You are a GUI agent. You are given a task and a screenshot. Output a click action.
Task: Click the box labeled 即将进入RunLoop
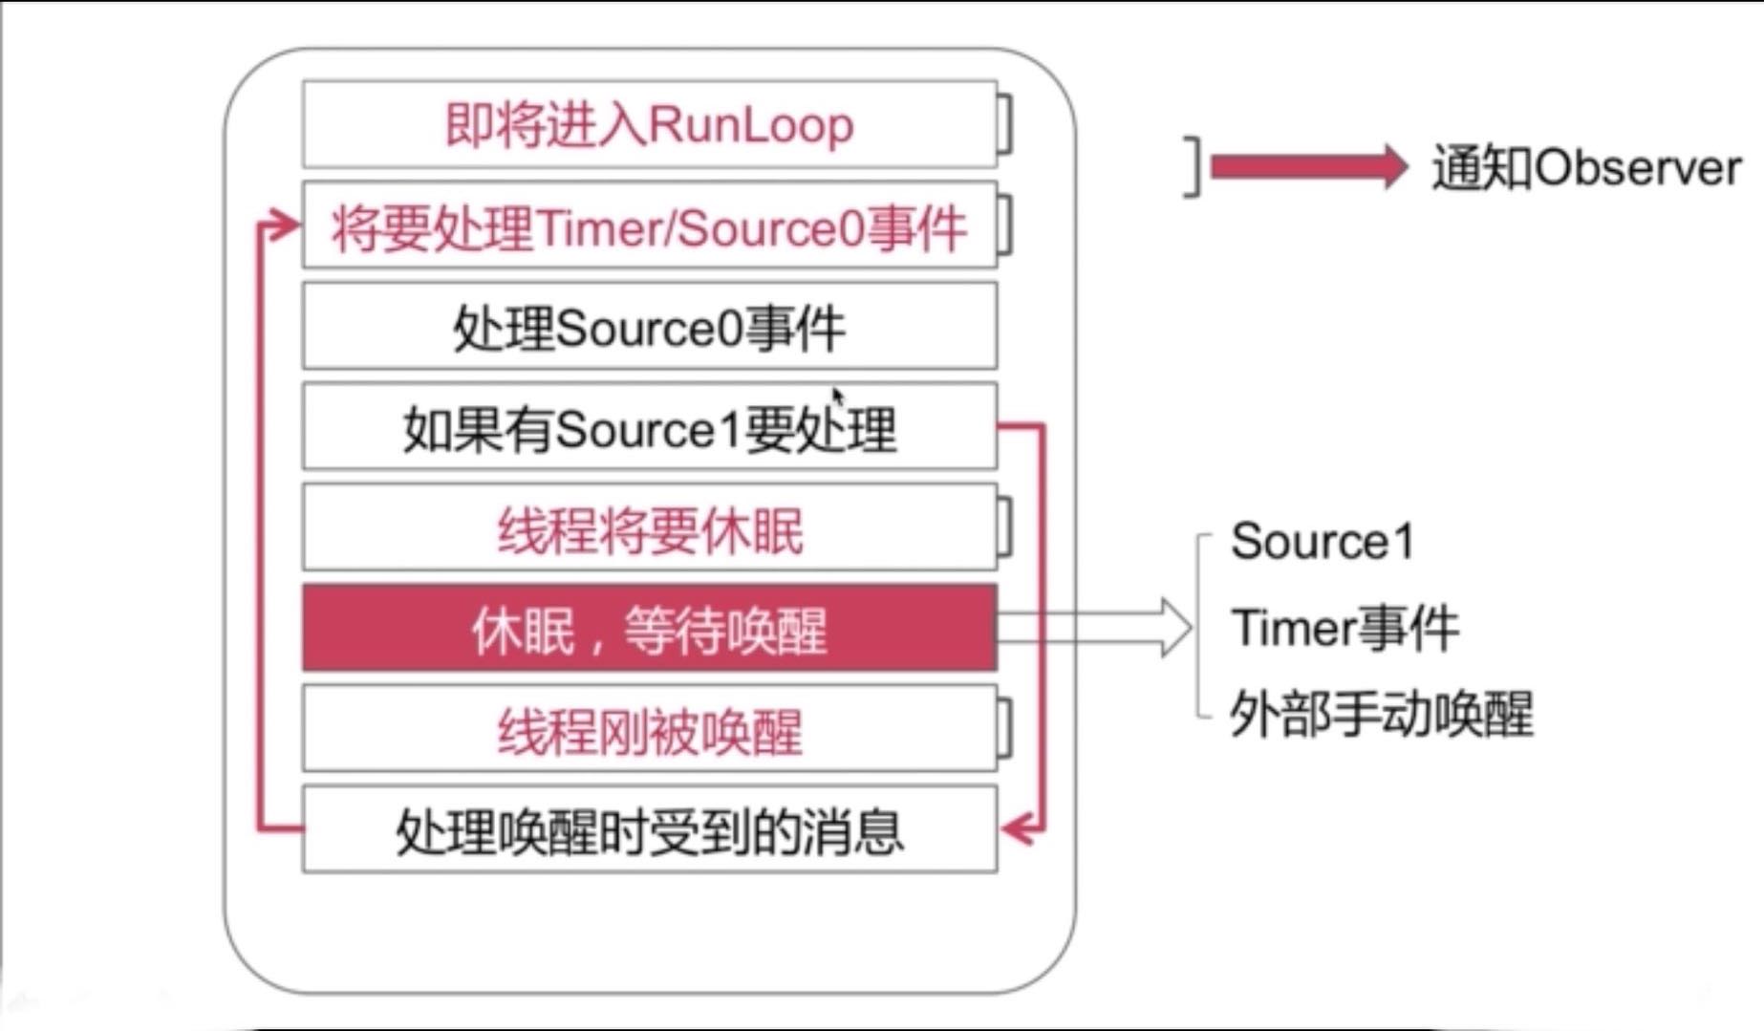[x=649, y=125]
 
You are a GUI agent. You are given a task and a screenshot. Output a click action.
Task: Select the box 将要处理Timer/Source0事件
[x=649, y=226]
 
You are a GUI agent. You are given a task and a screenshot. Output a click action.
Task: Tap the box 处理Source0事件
[x=649, y=327]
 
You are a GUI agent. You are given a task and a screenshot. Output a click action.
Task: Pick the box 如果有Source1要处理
[x=649, y=427]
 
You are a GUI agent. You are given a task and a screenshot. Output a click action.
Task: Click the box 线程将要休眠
[x=649, y=528]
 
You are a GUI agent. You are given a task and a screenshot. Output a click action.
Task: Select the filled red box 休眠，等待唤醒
[x=649, y=629]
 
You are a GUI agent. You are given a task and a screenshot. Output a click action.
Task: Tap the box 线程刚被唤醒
[x=649, y=730]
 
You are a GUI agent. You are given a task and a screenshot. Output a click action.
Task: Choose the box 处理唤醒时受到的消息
[x=649, y=829]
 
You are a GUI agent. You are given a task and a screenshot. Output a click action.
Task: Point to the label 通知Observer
[x=1586, y=168]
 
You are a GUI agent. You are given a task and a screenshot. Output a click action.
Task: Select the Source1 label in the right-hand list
[x=1322, y=542]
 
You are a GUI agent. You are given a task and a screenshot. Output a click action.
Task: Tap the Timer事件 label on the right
[x=1345, y=629]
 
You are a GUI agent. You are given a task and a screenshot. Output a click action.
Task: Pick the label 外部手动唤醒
[x=1382, y=714]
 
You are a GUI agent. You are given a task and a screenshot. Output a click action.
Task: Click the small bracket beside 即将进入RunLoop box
[x=1004, y=124]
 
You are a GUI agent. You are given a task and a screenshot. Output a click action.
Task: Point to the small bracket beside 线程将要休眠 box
[x=1004, y=527]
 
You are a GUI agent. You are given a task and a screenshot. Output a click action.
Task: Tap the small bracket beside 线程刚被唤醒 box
[x=1004, y=729]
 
